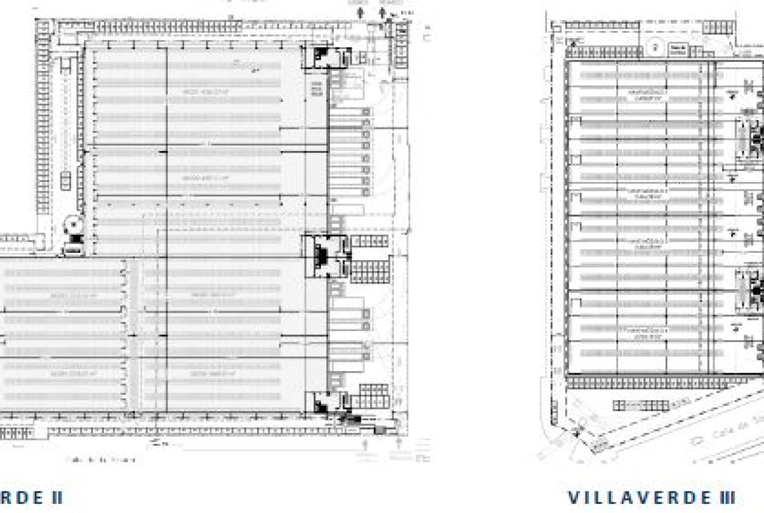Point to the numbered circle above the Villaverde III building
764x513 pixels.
[656, 47]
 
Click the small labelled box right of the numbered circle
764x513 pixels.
[677, 48]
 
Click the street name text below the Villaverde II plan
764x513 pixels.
[101, 460]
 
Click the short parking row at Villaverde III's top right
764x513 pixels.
[714, 28]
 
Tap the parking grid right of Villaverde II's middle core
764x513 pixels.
[369, 241]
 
